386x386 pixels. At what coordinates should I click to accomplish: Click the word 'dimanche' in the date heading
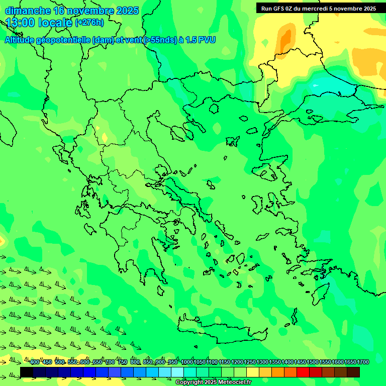[27, 11]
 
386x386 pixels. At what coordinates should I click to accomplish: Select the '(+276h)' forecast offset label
[89, 22]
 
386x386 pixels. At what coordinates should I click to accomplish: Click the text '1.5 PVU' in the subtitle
[201, 40]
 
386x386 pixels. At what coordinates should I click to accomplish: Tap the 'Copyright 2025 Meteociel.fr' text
[214, 382]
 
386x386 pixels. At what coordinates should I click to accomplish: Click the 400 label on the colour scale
[35, 362]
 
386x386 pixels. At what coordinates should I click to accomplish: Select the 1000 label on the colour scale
[186, 362]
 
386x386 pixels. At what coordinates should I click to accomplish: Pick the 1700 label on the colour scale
[363, 362]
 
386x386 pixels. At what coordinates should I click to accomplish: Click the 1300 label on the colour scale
[262, 362]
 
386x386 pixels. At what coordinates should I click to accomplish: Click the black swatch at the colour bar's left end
[27, 372]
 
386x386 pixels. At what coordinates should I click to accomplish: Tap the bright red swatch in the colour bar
[303, 372]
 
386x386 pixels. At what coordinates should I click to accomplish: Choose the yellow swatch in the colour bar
[253, 372]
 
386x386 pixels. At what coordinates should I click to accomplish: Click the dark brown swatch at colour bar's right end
[353, 372]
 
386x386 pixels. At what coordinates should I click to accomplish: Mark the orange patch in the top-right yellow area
[285, 38]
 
